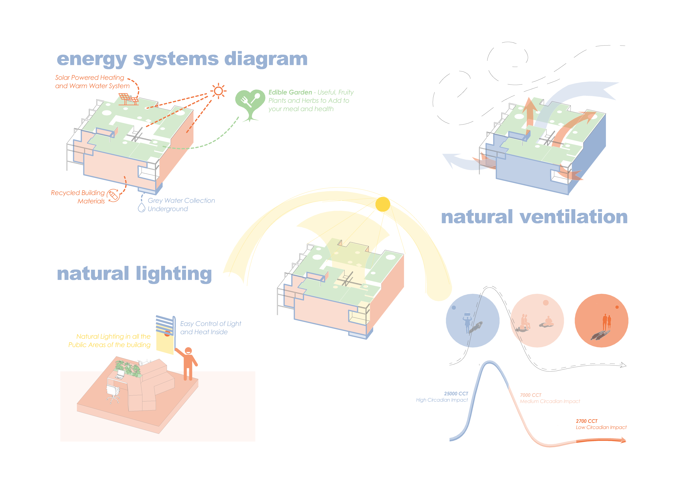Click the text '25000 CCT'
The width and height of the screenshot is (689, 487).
pos(456,393)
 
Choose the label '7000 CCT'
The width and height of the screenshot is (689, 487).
pos(530,395)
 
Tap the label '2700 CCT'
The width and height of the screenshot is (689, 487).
pos(587,421)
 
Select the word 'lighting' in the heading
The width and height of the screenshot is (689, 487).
pos(174,274)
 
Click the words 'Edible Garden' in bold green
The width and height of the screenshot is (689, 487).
pos(290,92)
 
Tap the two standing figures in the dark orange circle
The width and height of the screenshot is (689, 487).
pos(607,323)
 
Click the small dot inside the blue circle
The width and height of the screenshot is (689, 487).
pos(454,307)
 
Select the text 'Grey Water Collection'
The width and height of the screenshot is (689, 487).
pos(181,200)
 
